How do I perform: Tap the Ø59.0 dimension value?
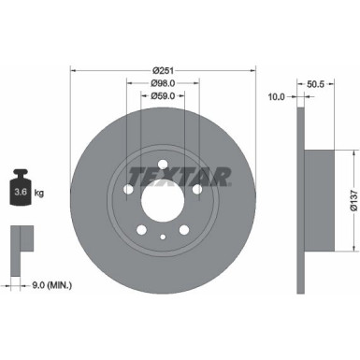point(162,94)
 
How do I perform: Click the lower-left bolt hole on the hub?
point(140,231)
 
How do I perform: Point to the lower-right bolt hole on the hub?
point(183,231)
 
